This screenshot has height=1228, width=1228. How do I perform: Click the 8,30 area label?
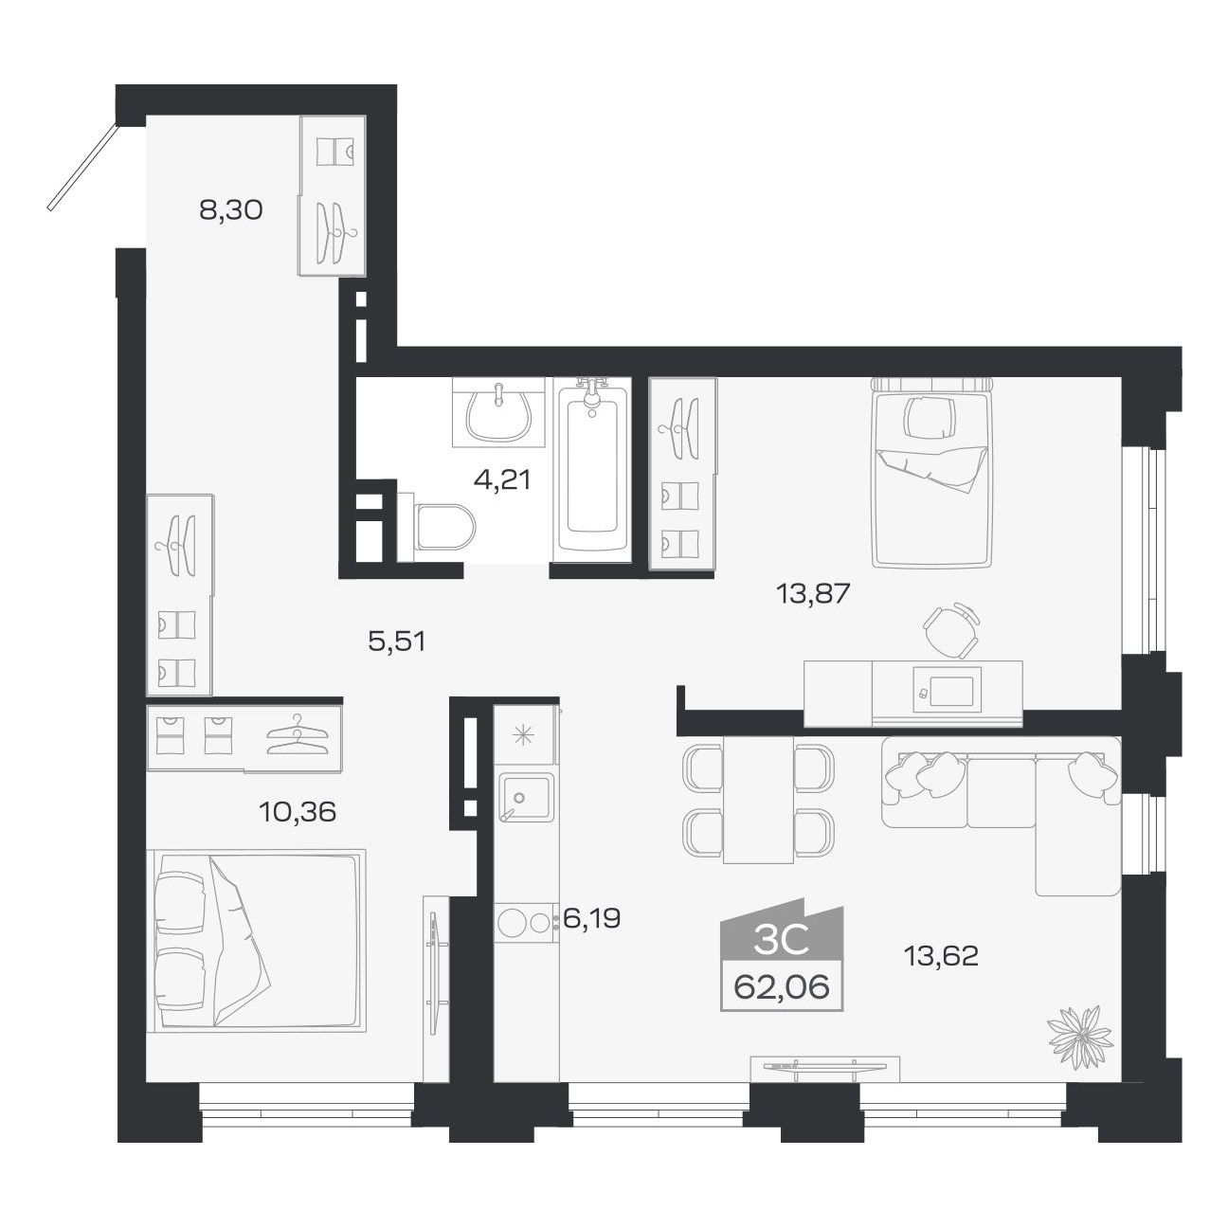(x=230, y=209)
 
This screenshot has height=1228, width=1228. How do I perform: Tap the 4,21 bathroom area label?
(x=502, y=479)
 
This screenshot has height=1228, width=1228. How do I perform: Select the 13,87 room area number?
(x=813, y=594)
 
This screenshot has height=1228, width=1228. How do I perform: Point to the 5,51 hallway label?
(x=396, y=641)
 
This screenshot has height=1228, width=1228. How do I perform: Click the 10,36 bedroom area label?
(x=298, y=812)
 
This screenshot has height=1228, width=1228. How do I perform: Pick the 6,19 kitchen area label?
(x=591, y=918)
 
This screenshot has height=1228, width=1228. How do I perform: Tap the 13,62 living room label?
(x=941, y=974)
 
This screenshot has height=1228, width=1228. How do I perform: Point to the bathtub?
(x=592, y=470)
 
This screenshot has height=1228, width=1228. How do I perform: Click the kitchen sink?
(x=526, y=798)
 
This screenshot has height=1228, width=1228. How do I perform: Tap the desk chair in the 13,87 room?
(x=951, y=630)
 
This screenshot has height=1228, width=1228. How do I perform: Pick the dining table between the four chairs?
(x=758, y=800)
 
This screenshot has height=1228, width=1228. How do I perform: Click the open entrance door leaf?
(x=82, y=167)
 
